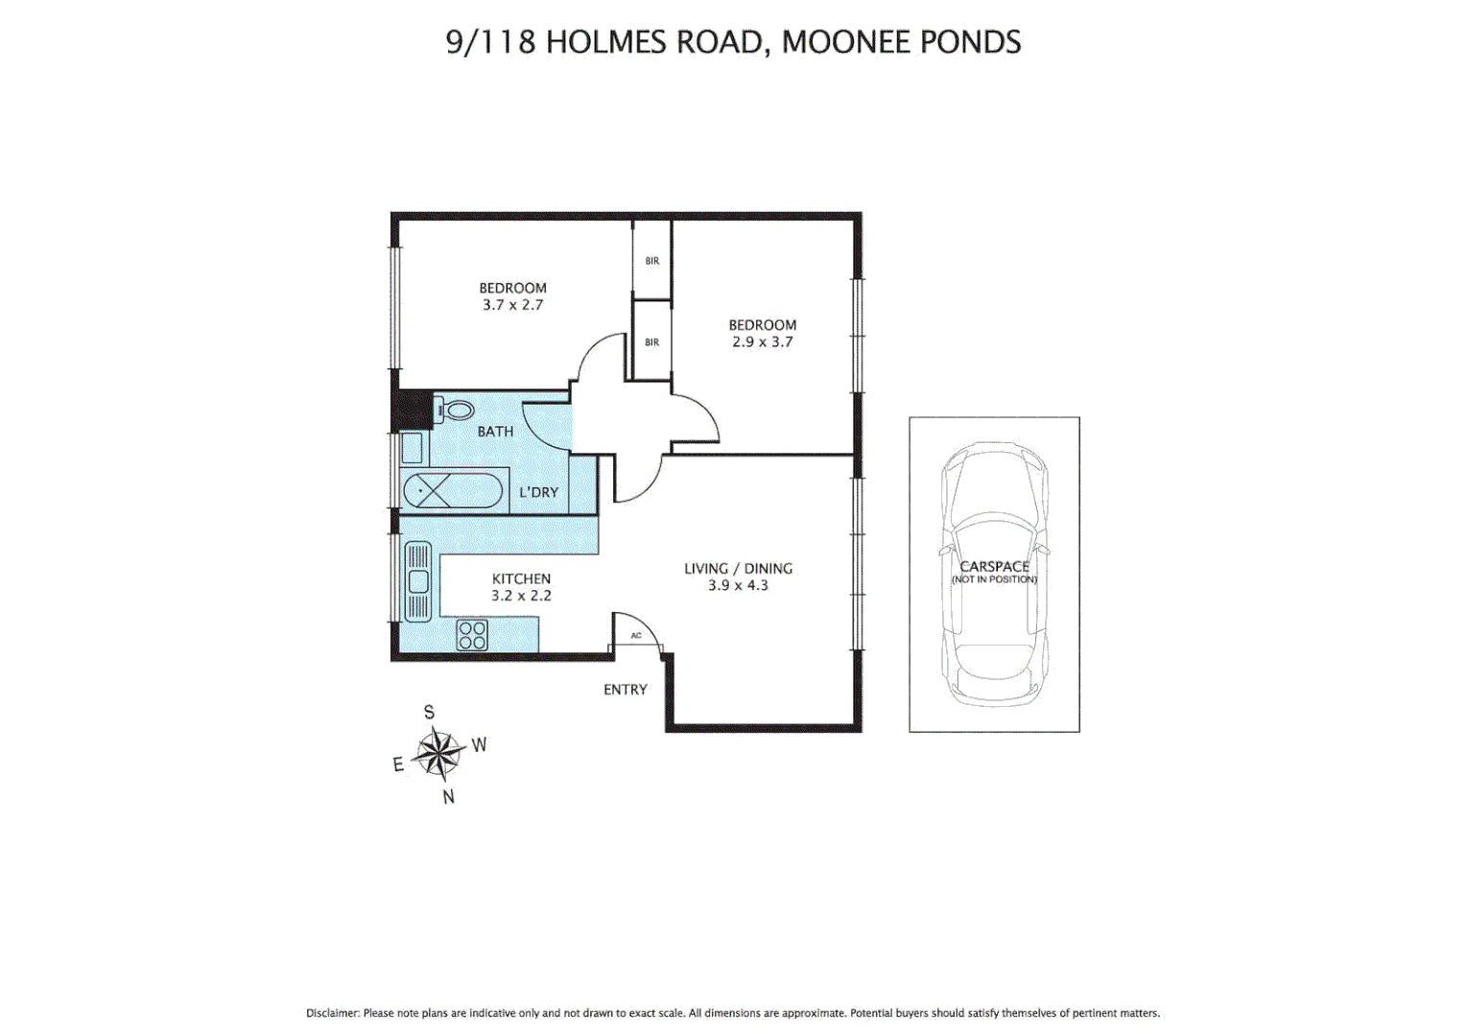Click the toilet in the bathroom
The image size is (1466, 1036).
456,411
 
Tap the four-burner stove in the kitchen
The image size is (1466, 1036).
472,635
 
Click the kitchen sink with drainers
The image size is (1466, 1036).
418,581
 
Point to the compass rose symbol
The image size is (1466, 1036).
438,753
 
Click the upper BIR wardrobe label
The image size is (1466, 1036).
652,261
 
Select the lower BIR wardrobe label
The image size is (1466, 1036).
652,342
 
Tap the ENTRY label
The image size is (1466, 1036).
626,690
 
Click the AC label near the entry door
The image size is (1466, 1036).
636,636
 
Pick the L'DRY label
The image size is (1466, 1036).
538,492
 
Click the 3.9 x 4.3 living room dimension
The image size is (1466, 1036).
738,585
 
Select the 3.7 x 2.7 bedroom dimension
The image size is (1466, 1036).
512,305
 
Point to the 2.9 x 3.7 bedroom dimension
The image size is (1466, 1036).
763,341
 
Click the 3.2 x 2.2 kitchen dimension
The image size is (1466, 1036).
521,596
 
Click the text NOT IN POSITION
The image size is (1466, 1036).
994,579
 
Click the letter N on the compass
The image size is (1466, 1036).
448,796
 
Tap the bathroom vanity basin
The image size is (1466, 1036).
412,448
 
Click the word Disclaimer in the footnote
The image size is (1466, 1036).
332,1013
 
